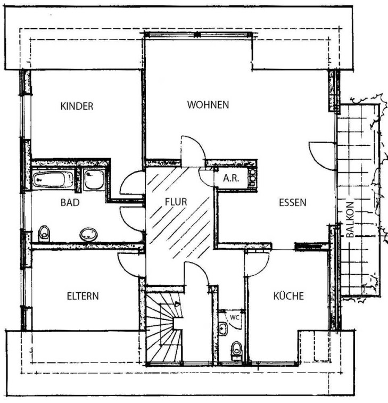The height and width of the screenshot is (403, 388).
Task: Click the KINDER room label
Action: coord(77,106)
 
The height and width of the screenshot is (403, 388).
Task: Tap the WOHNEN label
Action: coord(208,105)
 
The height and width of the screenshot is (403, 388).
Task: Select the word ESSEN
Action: coord(293,202)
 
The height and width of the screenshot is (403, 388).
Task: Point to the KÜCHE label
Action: coord(288,296)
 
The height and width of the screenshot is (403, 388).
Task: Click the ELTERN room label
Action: coord(82,296)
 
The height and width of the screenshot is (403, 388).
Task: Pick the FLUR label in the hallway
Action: coord(176,202)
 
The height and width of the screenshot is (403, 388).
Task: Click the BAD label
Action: coord(70,202)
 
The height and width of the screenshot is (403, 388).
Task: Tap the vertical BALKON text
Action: coord(350,219)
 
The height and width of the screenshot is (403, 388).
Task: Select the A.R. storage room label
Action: coord(232,178)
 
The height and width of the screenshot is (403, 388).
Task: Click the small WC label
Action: coord(234,317)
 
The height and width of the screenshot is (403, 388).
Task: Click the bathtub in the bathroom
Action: coord(53,179)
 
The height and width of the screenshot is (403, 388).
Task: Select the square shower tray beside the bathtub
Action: coord(94,179)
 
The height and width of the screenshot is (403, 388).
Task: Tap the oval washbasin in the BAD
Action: coord(89,234)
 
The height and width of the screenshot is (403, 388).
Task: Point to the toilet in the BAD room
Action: coord(44,233)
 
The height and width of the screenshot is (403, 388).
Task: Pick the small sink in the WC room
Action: coord(223,329)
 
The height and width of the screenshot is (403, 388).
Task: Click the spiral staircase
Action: coord(164,330)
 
